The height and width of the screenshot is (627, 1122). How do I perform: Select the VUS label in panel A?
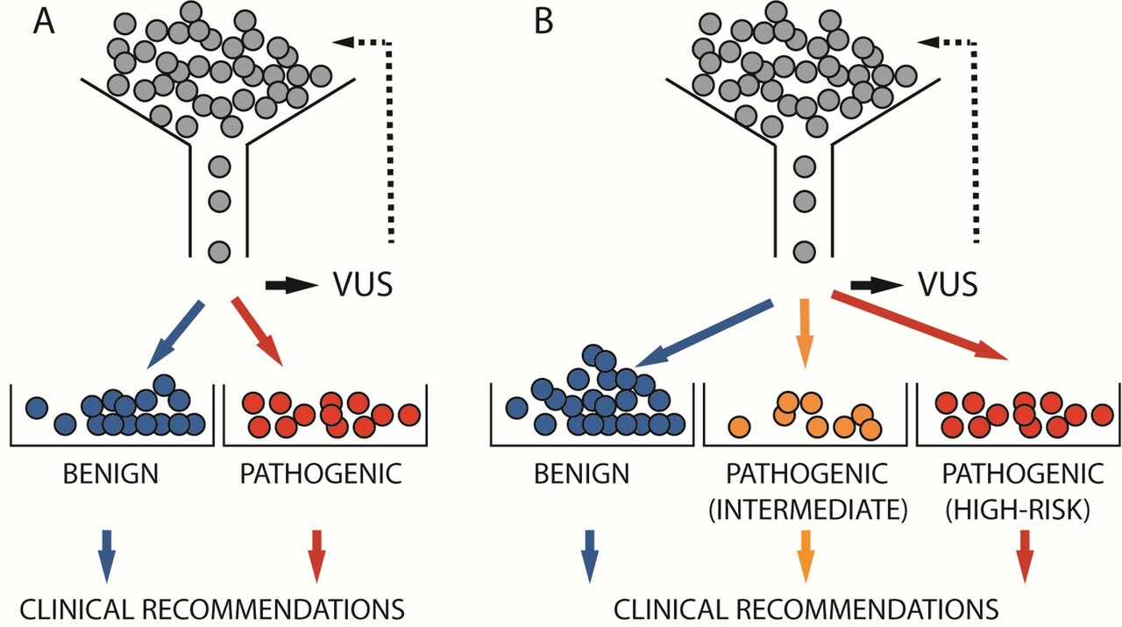[x=362, y=284]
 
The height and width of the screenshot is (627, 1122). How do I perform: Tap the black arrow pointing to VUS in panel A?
[x=292, y=285]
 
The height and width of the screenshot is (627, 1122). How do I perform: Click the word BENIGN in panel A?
[x=110, y=474]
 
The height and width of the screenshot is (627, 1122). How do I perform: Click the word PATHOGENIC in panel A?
[x=321, y=474]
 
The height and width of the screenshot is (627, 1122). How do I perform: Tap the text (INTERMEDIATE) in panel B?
[x=806, y=508]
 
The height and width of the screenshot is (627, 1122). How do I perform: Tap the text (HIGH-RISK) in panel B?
[x=1022, y=508]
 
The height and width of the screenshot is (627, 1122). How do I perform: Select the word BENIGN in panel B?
[x=581, y=474]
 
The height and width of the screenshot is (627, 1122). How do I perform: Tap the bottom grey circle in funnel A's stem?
[x=219, y=253]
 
